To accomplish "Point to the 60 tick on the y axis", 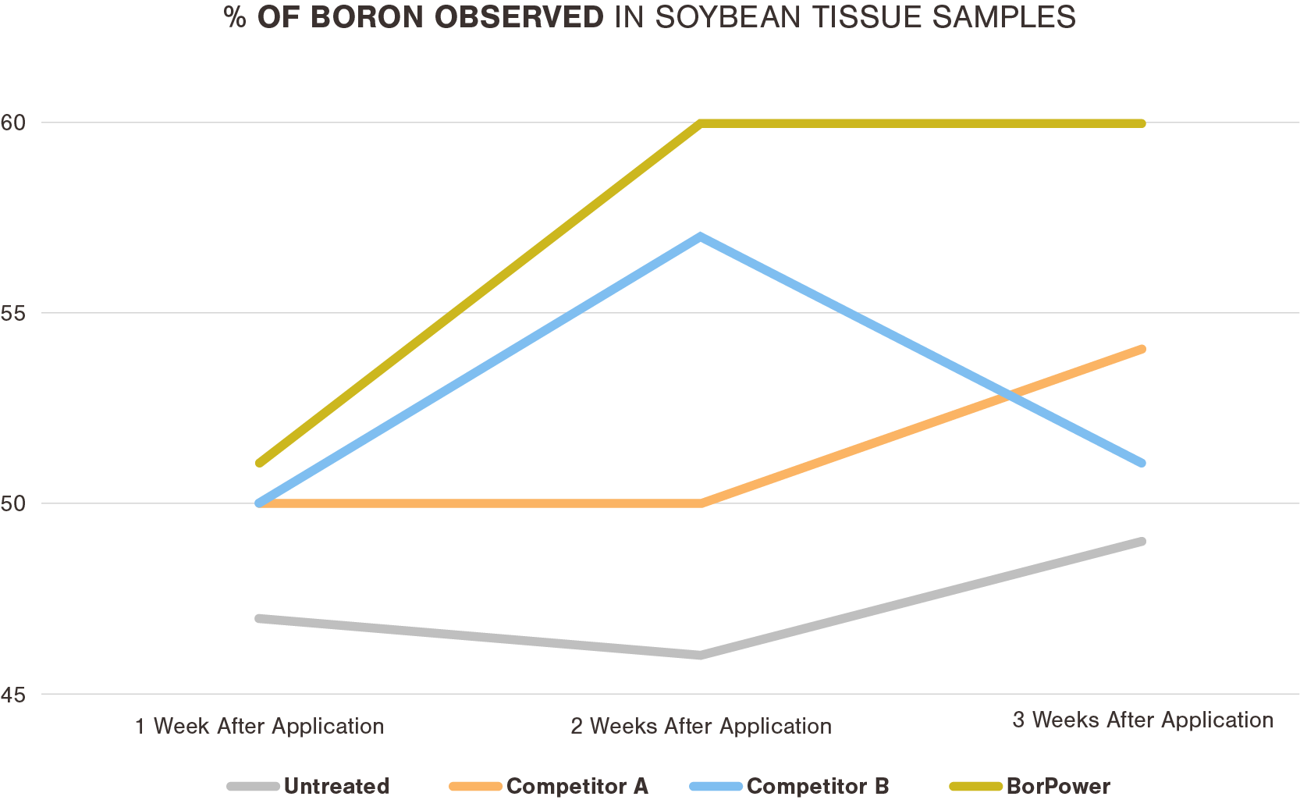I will point(13,123).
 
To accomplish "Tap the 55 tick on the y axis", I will point(13,314).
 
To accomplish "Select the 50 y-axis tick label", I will point(13,504).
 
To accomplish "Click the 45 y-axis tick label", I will point(13,695).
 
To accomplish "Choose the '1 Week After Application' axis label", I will point(259,727).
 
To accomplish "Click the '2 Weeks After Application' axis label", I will point(701,727).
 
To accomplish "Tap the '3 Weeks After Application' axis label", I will point(1142,720).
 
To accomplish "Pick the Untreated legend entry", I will point(336,786).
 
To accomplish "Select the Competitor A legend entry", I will point(577,786).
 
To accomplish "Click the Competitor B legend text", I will point(817,786).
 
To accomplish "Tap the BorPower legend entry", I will point(1057,786).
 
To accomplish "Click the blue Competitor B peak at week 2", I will point(701,236).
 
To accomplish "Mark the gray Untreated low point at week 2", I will point(701,655).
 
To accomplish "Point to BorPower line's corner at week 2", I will point(701,123).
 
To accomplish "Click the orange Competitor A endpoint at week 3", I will point(1141,350).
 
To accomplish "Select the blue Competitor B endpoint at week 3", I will point(1141,463).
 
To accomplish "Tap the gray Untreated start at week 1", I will point(260,618).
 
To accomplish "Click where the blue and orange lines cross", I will point(1011,396).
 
